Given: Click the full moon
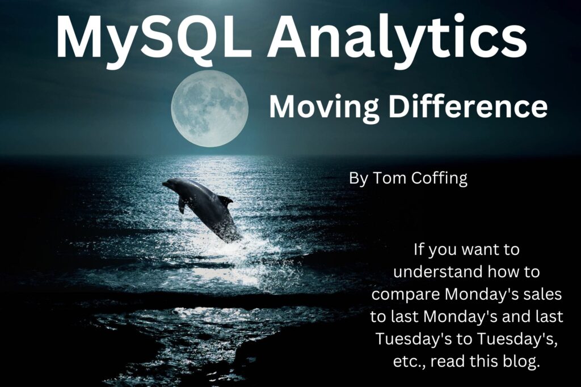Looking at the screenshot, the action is [x=210, y=109].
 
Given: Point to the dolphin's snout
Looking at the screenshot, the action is [x=165, y=184].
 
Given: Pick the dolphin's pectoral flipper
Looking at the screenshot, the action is [x=182, y=205].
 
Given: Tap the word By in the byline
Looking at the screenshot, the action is [x=359, y=178].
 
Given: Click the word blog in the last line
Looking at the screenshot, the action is [x=522, y=362].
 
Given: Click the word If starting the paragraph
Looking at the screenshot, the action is [x=418, y=249].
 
